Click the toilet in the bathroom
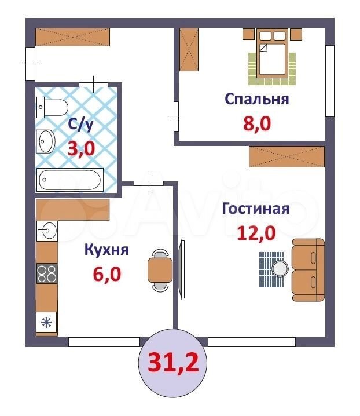52,107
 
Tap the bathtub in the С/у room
69,180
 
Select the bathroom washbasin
46,141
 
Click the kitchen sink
47,231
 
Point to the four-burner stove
47,273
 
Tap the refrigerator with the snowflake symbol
47,322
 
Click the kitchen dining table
160,270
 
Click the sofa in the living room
308,270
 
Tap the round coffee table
280,268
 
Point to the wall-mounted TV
182,269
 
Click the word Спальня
256,100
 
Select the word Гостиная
256,209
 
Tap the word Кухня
106,250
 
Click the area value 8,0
257,123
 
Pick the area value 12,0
256,233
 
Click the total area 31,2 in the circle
173,363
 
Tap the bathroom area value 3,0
81,148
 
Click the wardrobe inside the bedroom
189,50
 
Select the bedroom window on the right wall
330,81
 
